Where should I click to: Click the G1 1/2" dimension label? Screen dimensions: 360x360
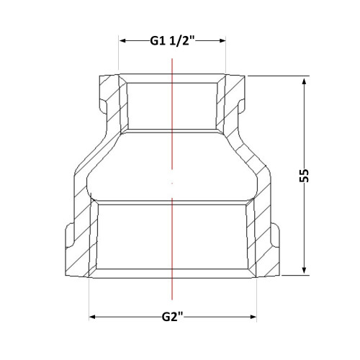point(172,41)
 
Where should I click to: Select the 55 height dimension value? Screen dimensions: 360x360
point(304,176)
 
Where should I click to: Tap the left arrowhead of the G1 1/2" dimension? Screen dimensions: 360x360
point(123,40)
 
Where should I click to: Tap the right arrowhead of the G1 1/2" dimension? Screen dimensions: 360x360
point(222,40)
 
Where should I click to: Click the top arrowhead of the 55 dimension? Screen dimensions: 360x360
point(305,81)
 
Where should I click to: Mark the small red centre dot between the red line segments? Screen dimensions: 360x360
point(172,183)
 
